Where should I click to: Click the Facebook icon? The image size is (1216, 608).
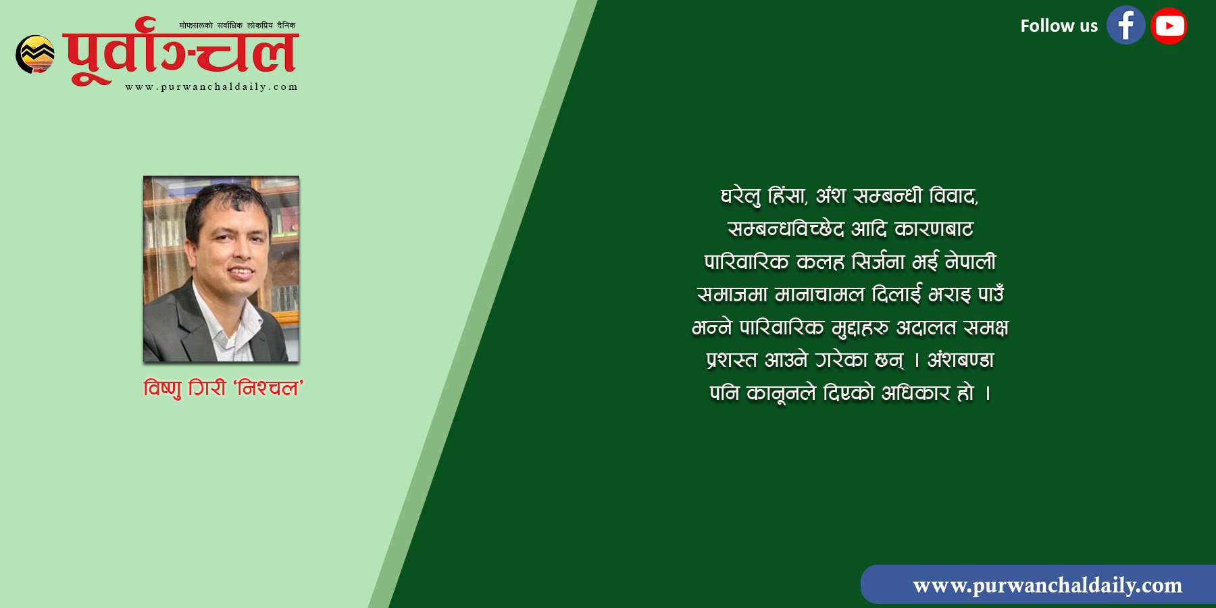click(x=1125, y=26)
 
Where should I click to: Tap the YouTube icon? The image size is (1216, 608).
click(x=1169, y=26)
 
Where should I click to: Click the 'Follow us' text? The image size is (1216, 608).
click(x=1059, y=26)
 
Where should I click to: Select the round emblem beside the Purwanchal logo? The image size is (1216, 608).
click(x=35, y=54)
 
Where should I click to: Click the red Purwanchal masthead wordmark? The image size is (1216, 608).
click(x=181, y=51)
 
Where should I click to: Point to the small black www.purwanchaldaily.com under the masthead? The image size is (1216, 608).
click(x=211, y=86)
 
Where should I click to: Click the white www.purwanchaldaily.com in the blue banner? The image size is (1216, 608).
click(x=1047, y=585)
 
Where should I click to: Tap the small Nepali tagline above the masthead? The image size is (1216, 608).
click(x=237, y=26)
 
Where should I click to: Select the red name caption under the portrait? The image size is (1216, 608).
click(x=224, y=388)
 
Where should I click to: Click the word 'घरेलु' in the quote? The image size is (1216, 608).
click(x=740, y=196)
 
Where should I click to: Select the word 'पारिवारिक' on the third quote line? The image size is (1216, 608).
click(x=746, y=261)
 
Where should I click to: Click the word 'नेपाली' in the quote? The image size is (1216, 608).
click(x=971, y=261)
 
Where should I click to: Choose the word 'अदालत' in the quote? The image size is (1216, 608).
click(x=926, y=328)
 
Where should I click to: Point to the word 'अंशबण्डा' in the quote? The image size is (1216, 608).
click(x=961, y=359)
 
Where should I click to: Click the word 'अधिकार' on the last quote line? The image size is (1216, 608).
click(x=915, y=392)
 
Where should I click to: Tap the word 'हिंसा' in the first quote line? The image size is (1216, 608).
click(x=788, y=196)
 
